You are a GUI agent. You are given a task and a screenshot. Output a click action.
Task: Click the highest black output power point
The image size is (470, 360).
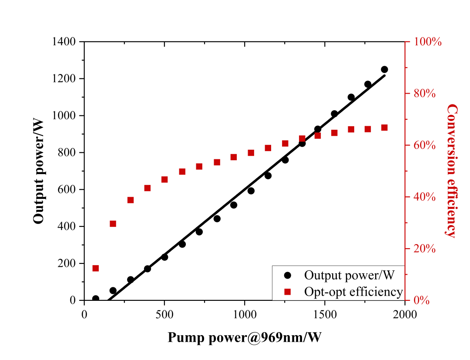[384, 69]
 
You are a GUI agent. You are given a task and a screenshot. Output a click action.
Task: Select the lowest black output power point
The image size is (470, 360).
[95, 299]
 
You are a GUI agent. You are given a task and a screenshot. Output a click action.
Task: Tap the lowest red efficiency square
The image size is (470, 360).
[95, 268]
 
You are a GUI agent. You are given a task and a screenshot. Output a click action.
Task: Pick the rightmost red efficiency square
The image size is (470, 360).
[384, 128]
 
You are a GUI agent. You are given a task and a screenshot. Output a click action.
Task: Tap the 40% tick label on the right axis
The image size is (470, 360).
[424, 197]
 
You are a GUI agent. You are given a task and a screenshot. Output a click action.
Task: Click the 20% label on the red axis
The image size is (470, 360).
[424, 249]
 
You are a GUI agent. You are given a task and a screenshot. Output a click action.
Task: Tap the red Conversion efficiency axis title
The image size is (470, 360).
[452, 171]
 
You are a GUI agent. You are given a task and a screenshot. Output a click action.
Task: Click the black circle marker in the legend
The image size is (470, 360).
[287, 275]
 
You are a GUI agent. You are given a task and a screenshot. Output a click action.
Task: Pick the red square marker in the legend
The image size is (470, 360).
[287, 291]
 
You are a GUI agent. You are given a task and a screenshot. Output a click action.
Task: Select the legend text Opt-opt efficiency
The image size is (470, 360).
[354, 291]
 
